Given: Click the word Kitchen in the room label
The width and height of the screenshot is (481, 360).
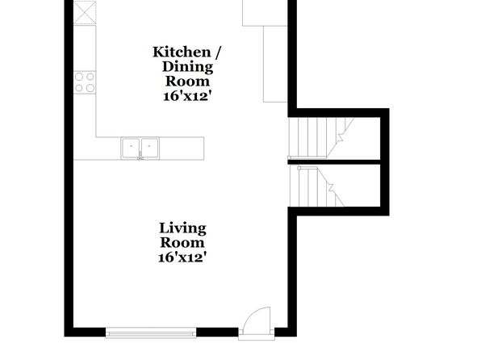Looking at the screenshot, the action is click(182, 52).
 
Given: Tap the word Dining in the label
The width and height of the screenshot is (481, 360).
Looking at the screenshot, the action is click(187, 67).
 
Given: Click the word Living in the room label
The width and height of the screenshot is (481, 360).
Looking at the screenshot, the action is click(182, 228).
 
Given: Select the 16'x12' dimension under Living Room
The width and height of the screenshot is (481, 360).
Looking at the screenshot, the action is click(181, 257).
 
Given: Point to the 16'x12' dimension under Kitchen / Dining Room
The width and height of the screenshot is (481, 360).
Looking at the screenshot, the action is click(187, 96).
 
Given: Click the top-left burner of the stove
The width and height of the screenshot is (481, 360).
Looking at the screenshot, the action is click(79, 77).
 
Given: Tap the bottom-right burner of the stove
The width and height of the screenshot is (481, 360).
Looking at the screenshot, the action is click(90, 88).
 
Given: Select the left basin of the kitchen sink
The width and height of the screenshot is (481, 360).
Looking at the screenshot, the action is click(131, 148).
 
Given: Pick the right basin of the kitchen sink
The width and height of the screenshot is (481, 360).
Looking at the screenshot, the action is click(149, 148).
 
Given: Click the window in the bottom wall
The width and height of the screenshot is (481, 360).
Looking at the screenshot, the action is click(151, 333).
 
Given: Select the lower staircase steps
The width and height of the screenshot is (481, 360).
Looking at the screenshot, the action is click(317, 186).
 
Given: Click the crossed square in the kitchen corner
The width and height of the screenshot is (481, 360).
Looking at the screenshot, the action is click(85, 12).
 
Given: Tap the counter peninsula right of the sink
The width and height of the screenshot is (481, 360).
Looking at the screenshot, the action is click(182, 149).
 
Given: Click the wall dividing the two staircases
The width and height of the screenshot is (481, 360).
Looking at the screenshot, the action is click(334, 161).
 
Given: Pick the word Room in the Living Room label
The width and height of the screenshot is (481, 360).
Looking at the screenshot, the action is click(182, 243).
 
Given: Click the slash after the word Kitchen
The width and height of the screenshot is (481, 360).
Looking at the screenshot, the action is click(217, 52).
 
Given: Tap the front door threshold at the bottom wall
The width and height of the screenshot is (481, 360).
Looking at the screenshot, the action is click(257, 337).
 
